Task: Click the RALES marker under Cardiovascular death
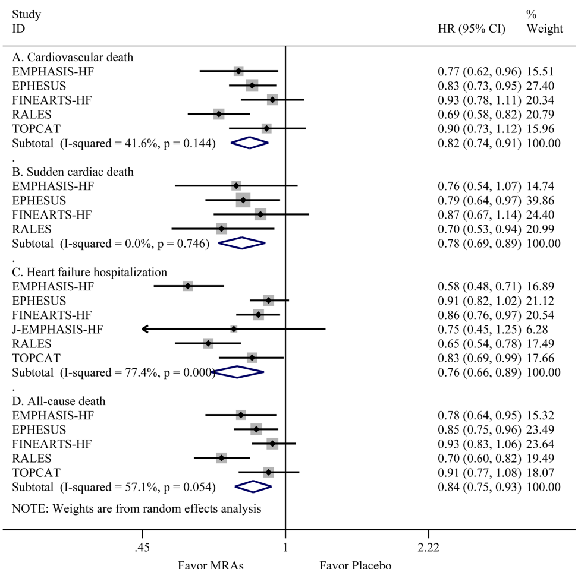[x=219, y=114]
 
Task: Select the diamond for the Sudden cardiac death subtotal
[x=241, y=243]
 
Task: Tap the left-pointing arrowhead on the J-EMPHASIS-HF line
[x=144, y=329]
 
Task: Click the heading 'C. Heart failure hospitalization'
[x=90, y=272]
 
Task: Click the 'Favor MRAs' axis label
[x=211, y=564]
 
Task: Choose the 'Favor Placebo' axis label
[x=356, y=564]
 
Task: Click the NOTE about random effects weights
[x=137, y=508]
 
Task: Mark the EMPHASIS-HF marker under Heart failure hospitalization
[x=188, y=286]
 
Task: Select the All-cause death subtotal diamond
[x=253, y=486]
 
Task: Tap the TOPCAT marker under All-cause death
[x=269, y=472]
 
